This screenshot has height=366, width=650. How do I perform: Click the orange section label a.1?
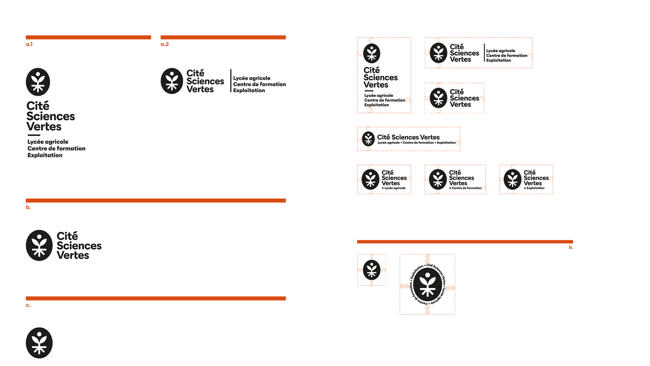pyautogui.click(x=29, y=44)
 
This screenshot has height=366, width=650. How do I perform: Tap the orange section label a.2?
pyautogui.click(x=165, y=44)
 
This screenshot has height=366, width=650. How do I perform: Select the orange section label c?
pyautogui.click(x=28, y=306)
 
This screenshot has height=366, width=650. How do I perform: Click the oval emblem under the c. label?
pyautogui.click(x=39, y=343)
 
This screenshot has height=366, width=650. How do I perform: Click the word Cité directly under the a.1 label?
pyautogui.click(x=38, y=106)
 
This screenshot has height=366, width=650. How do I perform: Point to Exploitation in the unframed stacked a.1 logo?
pyautogui.click(x=45, y=155)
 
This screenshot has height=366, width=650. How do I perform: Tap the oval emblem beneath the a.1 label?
pyautogui.click(x=38, y=82)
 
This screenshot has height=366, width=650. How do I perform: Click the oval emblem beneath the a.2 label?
pyautogui.click(x=172, y=81)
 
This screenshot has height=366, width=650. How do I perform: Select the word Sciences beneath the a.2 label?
pyautogui.click(x=205, y=81)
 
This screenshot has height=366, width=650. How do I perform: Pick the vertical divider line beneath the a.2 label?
pyautogui.click(x=231, y=81)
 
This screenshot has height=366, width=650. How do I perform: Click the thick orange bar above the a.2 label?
pyautogui.click(x=223, y=37)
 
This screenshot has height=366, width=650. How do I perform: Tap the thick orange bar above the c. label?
pyautogui.click(x=156, y=298)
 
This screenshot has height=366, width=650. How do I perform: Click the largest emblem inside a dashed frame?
pyautogui.click(x=428, y=285)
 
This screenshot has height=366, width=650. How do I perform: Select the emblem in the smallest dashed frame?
pyautogui.click(x=372, y=270)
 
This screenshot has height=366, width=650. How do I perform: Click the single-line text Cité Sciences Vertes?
pyautogui.click(x=408, y=137)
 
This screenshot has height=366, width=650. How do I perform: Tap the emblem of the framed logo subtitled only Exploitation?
pyautogui.click(x=513, y=179)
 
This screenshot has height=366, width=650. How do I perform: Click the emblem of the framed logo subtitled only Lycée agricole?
pyautogui.click(x=370, y=179)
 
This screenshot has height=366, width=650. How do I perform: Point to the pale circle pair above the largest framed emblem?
pyautogui.click(x=427, y=259)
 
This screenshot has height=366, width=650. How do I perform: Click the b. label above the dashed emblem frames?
pyautogui.click(x=571, y=247)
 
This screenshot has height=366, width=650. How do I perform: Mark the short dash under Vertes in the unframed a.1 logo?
pyautogui.click(x=34, y=135)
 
